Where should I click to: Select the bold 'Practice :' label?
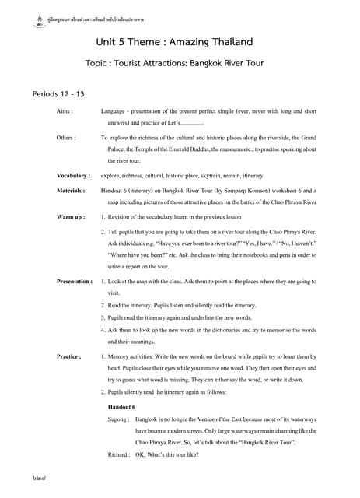tap(68, 356)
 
